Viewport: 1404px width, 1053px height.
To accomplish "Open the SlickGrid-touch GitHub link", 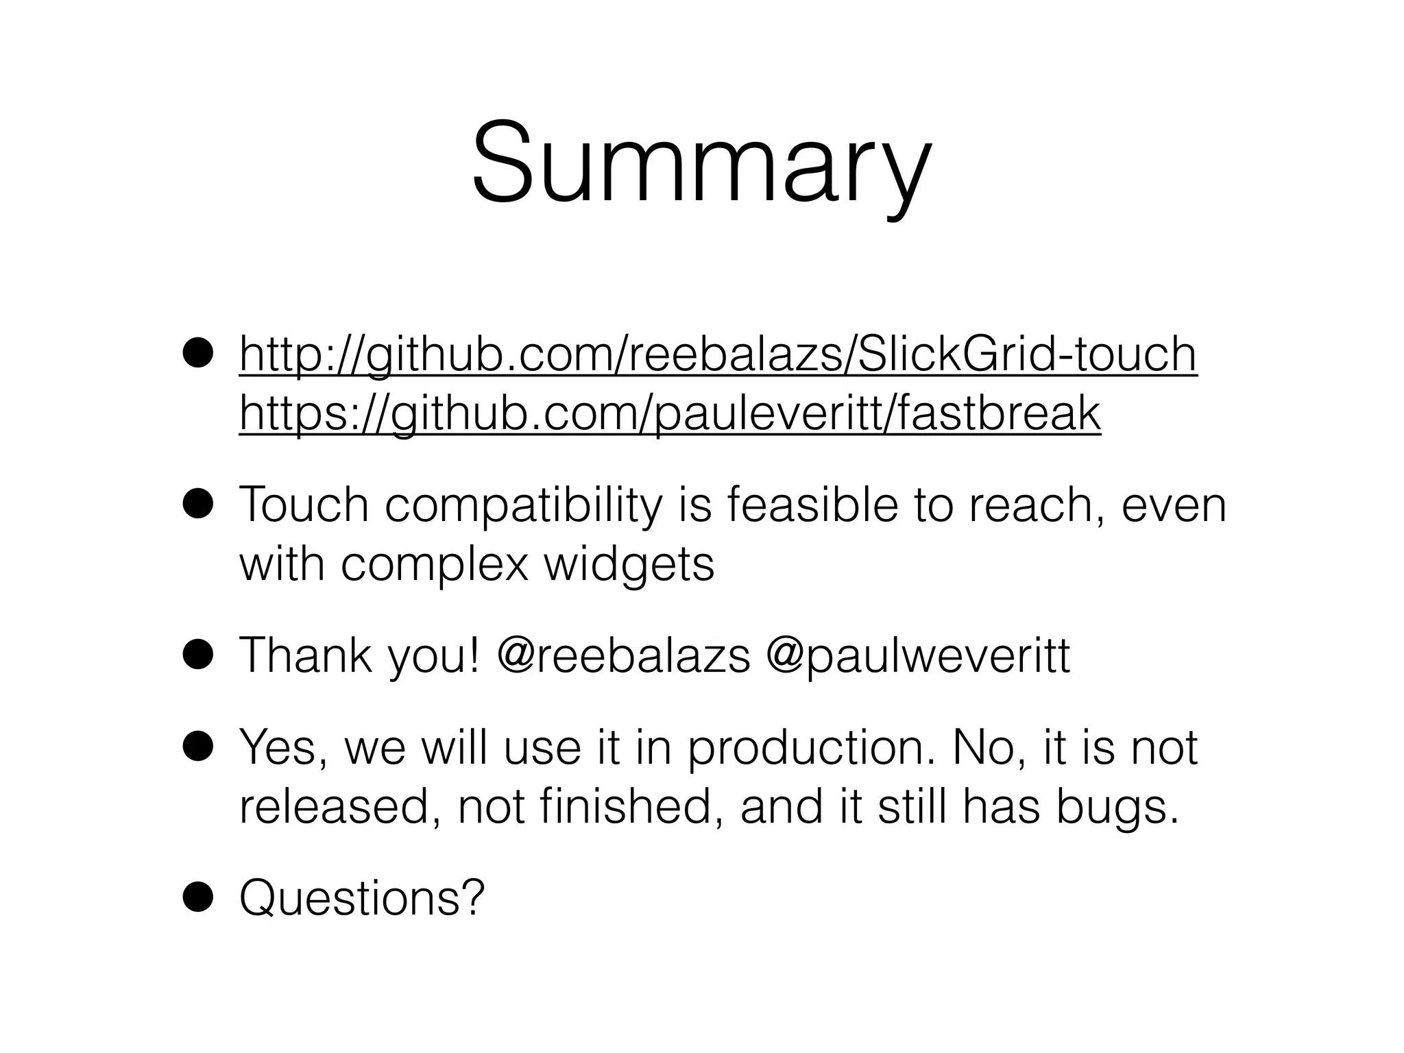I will [718, 354].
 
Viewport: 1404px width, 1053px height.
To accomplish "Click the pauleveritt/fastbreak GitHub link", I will [670, 413].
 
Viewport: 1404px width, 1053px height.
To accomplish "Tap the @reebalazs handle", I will [624, 655].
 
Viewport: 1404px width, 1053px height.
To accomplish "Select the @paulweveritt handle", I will [917, 655].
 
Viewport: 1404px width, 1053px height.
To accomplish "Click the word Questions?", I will [361, 897].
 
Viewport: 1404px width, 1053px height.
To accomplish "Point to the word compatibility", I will [524, 505].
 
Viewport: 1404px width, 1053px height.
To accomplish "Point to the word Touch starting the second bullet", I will [304, 505].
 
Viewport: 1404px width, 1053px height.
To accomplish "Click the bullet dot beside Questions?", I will [199, 897].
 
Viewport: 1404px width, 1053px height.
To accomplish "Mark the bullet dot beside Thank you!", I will [199, 656].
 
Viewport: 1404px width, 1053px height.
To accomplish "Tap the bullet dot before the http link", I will [199, 355].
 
